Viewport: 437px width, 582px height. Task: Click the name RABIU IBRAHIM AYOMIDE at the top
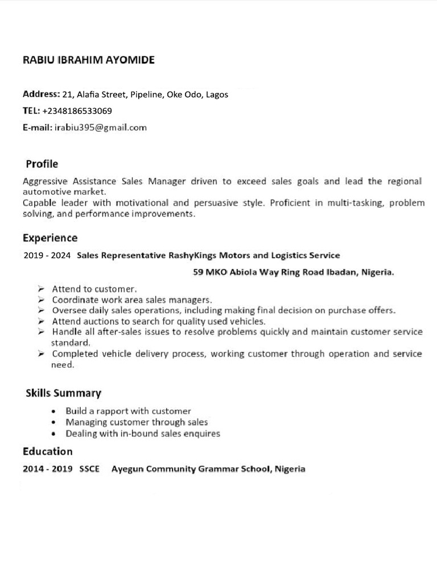click(x=88, y=60)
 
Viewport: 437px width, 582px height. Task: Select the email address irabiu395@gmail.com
click(x=101, y=127)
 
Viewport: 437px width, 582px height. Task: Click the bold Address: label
click(x=41, y=94)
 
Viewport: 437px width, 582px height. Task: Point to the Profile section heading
click(x=42, y=164)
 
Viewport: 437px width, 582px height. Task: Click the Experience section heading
click(x=50, y=238)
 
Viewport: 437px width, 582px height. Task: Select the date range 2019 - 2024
click(x=47, y=256)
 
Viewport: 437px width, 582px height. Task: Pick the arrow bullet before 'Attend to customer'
click(x=42, y=289)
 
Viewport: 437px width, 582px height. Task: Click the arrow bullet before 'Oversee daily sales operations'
click(x=42, y=310)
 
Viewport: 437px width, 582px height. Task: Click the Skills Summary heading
click(x=63, y=393)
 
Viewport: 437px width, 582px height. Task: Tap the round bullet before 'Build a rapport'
click(x=53, y=411)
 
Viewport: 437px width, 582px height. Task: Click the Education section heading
click(x=48, y=452)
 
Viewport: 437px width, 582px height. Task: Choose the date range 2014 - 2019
click(x=47, y=469)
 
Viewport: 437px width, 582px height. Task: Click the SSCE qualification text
click(x=89, y=469)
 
